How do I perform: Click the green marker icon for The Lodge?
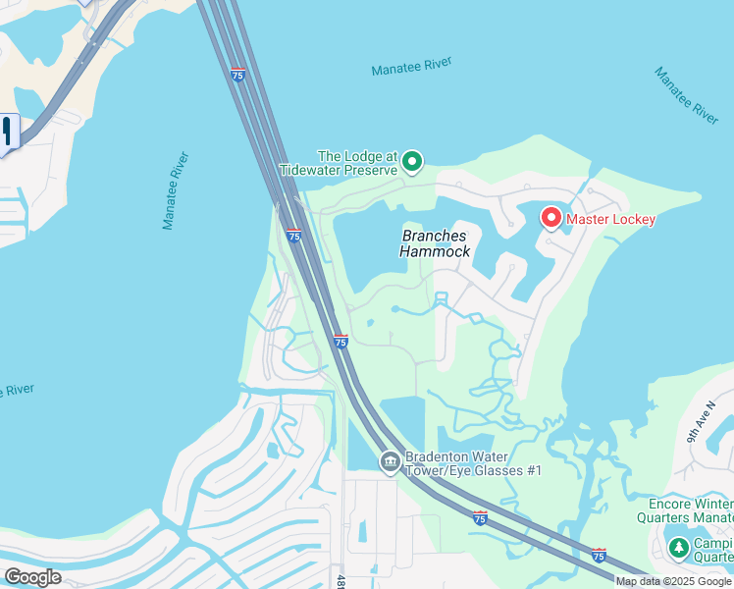[x=413, y=160]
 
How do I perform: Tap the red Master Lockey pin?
[x=551, y=217]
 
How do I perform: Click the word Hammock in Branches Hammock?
[x=435, y=251]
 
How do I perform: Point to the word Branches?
[x=435, y=236]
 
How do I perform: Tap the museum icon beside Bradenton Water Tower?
[x=390, y=461]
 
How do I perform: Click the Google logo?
[x=32, y=577]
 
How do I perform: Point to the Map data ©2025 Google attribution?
[x=673, y=581]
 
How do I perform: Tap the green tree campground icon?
[x=678, y=546]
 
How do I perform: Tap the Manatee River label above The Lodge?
[x=411, y=69]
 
